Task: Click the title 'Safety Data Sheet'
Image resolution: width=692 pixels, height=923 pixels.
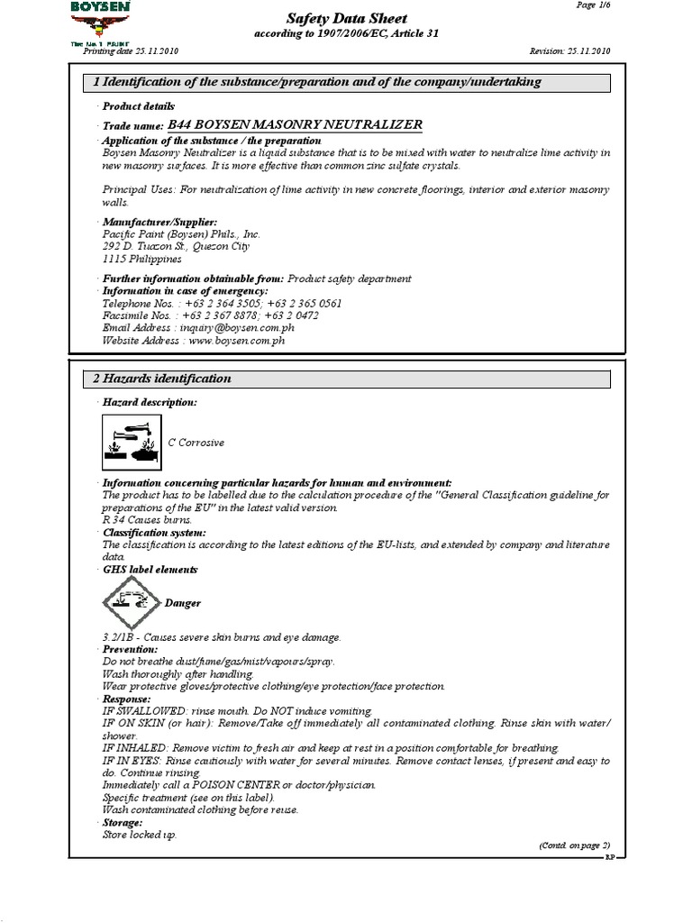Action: click(346, 18)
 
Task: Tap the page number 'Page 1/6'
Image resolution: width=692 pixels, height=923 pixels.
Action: click(592, 5)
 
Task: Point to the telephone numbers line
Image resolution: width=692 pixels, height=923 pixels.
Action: click(222, 304)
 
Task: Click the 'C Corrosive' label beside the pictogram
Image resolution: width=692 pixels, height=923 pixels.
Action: click(196, 443)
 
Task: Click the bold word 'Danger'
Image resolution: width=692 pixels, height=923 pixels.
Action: click(183, 603)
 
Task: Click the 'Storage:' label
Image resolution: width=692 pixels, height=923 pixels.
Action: click(123, 823)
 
